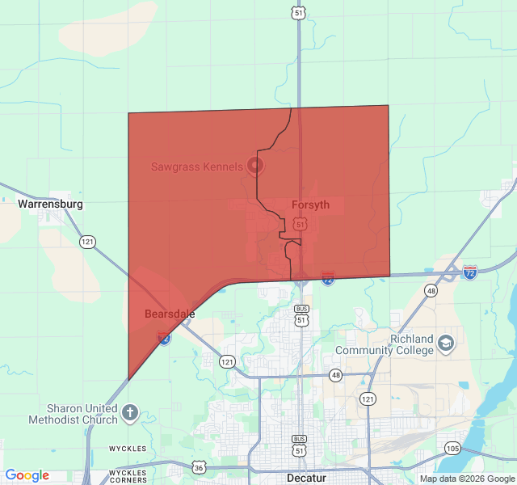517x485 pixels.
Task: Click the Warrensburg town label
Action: tap(50, 205)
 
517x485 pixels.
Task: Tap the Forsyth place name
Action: tap(310, 205)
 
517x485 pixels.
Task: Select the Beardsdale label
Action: tap(170, 313)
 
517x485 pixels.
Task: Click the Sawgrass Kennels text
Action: tap(196, 167)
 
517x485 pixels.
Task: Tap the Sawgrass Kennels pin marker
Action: tap(255, 167)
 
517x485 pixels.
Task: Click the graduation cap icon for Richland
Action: tap(445, 345)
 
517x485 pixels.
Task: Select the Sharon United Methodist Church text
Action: tap(73, 414)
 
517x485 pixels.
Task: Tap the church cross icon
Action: tap(130, 414)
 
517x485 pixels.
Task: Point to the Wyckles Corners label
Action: tap(128, 475)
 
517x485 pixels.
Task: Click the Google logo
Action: tap(27, 475)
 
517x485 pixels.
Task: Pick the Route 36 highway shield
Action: tap(199, 467)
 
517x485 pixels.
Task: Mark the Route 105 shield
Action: tap(452, 448)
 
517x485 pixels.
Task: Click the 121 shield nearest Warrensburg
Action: tap(87, 242)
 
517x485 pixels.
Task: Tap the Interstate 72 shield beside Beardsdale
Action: tap(164, 339)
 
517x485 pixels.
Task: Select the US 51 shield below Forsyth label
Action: tap(300, 222)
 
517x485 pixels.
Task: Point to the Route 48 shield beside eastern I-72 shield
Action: tap(431, 290)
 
